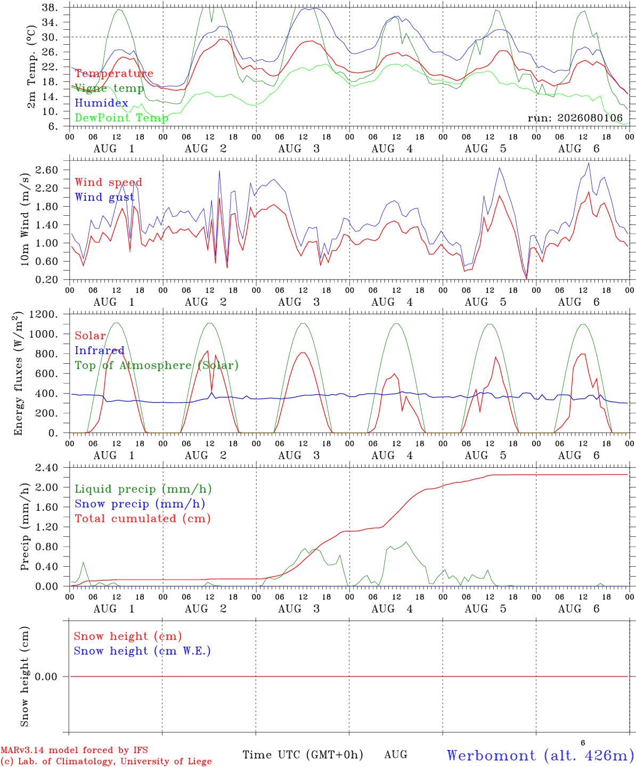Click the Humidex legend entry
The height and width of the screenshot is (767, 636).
pyautogui.click(x=101, y=103)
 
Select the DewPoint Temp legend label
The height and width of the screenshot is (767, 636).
pyautogui.click(x=121, y=118)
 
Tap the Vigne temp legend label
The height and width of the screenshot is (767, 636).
pyautogui.click(x=110, y=88)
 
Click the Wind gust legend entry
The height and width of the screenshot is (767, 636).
pyautogui.click(x=105, y=197)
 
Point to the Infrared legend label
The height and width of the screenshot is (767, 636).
pyautogui.click(x=100, y=350)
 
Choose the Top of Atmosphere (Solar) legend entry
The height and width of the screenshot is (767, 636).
pyautogui.click(x=157, y=365)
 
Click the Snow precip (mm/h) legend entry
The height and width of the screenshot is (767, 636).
pyautogui.click(x=140, y=504)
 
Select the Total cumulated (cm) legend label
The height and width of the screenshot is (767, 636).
pyautogui.click(x=143, y=519)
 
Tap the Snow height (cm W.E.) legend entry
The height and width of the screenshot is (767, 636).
pyautogui.click(x=142, y=651)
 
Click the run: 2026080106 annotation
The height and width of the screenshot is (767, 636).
pyautogui.click(x=575, y=118)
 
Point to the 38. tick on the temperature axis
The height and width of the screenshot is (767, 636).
pyautogui.click(x=50, y=7)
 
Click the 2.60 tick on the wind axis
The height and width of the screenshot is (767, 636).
pyautogui.click(x=47, y=170)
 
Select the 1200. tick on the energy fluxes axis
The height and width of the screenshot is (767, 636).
pyautogui.click(x=44, y=314)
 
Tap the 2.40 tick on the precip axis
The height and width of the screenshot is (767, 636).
pyautogui.click(x=47, y=468)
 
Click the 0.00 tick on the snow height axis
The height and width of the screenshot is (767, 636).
pyautogui.click(x=46, y=676)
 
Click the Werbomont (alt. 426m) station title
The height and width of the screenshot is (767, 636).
pyautogui.click(x=537, y=755)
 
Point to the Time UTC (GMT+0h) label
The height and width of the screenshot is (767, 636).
pyautogui.click(x=303, y=755)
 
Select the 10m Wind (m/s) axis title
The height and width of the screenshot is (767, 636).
pyautogui.click(x=25, y=219)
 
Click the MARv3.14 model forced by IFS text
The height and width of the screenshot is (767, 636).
pyautogui.click(x=74, y=750)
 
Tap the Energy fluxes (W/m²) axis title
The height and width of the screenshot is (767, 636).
pyautogui.click(x=18, y=373)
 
